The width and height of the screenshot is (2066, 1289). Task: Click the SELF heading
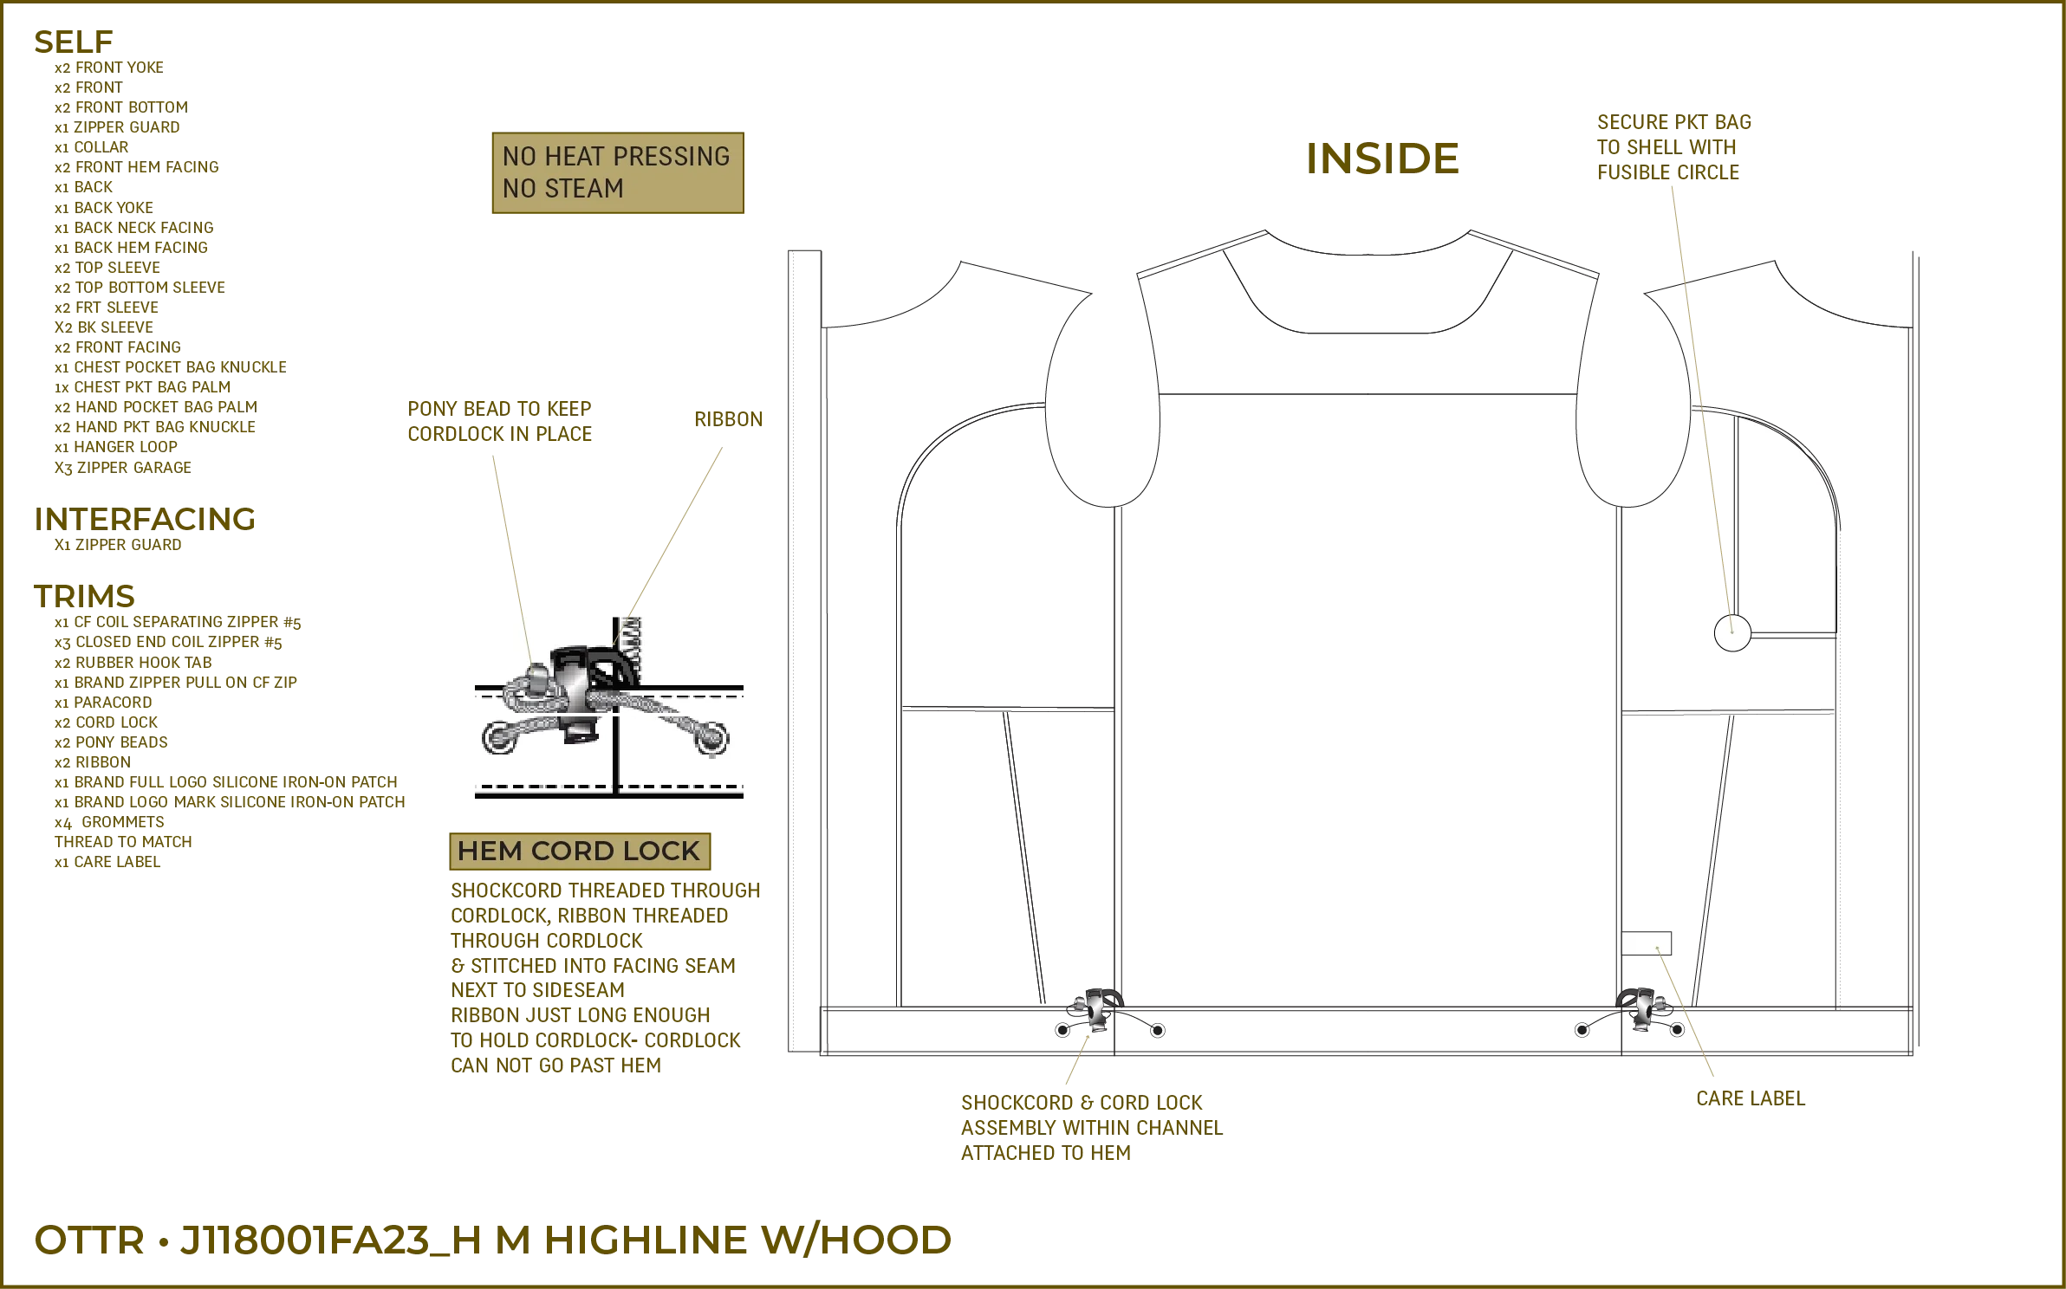pos(75,41)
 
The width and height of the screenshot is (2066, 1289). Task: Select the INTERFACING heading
pos(145,520)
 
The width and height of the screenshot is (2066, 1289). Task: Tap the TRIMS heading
pos(83,596)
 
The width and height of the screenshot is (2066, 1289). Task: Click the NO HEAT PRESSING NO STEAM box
pos(616,172)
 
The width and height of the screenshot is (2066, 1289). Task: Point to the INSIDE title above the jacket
pos(1382,158)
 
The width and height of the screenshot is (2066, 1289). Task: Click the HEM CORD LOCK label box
pos(578,851)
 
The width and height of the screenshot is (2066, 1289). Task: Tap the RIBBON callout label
pos(727,419)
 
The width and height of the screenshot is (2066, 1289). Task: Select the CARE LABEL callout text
pos(1749,1098)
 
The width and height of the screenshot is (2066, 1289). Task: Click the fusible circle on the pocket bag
pos(1731,632)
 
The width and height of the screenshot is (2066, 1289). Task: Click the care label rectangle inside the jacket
pos(1647,942)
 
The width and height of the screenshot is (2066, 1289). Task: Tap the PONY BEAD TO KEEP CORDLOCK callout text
pos(501,420)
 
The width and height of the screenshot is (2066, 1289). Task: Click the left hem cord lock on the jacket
pos(1094,1010)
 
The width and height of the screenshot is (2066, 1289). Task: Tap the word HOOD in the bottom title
pos(876,1240)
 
